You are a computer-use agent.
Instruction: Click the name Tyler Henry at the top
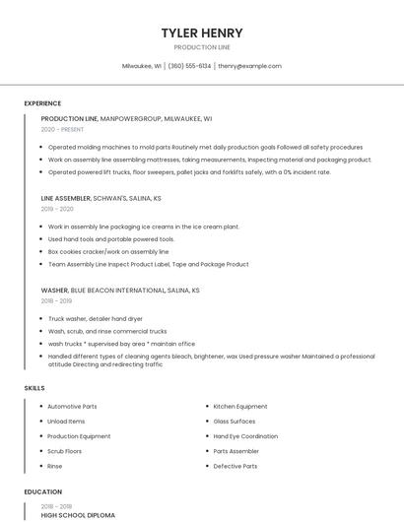(x=202, y=33)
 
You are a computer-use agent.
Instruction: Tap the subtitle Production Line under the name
(x=202, y=47)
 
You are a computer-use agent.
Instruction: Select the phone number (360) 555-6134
(x=189, y=66)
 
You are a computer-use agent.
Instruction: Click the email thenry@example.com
(x=250, y=66)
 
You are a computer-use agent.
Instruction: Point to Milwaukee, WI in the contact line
(x=141, y=66)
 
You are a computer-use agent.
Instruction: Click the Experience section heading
(x=42, y=103)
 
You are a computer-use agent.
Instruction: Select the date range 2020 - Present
(x=62, y=129)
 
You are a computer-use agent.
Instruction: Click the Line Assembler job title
(x=66, y=198)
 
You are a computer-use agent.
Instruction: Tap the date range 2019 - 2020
(x=57, y=209)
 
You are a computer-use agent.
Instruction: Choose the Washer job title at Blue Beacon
(x=54, y=291)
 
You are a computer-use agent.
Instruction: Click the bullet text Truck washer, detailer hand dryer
(x=96, y=319)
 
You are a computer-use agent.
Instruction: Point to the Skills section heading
(x=34, y=388)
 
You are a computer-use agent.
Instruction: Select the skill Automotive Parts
(x=72, y=407)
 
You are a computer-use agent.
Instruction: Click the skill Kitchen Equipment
(x=240, y=407)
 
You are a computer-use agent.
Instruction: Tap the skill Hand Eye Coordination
(x=245, y=436)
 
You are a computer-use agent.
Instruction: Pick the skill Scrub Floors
(x=65, y=451)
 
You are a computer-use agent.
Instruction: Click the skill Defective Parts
(x=236, y=466)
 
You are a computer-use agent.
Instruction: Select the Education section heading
(x=42, y=491)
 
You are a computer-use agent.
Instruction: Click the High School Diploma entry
(x=78, y=515)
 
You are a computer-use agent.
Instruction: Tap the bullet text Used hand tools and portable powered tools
(x=111, y=239)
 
